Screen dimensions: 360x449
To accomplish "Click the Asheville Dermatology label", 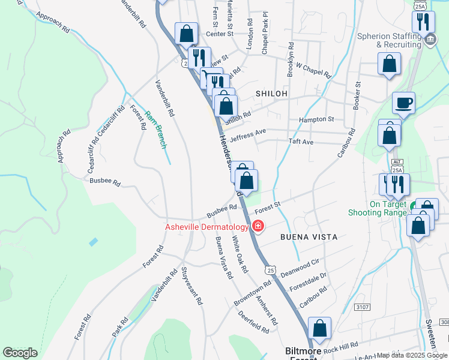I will coord(207,227).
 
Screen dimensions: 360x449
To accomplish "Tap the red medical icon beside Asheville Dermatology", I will coord(258,226).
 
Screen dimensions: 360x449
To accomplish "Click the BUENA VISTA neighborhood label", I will coord(307,237).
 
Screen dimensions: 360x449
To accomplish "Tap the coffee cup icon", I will coord(403,102).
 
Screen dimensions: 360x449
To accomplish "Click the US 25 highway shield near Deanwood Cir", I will coord(272,271).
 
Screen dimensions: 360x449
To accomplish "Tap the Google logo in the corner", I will coord(20,353).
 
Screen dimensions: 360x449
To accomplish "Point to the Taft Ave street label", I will coord(301,142).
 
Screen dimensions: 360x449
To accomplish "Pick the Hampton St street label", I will coord(316,120).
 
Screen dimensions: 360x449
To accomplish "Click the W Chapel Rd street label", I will coord(313,70).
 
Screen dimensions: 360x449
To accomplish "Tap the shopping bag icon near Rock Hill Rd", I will coord(320,328).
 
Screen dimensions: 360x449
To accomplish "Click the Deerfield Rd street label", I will coord(253,322).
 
